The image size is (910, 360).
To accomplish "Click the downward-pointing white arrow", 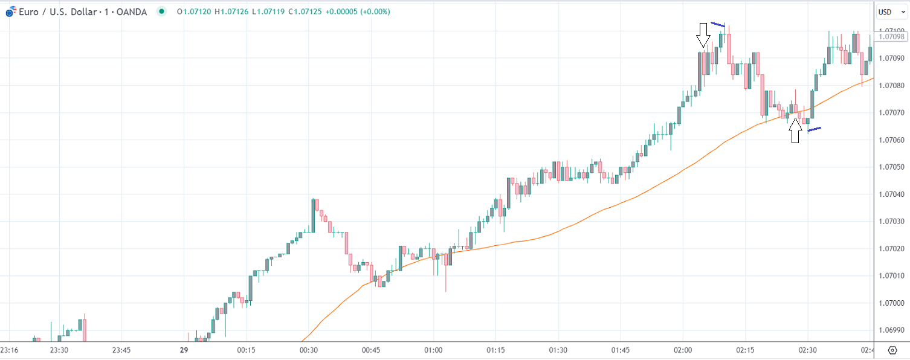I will tap(702, 35).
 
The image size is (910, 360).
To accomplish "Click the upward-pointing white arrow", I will tap(795, 130).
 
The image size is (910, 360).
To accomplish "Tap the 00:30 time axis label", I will tap(309, 350).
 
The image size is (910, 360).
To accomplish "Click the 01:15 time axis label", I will tap(495, 350).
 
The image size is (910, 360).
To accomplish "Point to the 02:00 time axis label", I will tap(682, 350).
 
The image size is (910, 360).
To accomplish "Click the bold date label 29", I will tap(184, 350).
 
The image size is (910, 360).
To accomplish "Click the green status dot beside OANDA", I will tap(161, 11).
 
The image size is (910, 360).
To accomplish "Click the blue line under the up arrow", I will tap(814, 129).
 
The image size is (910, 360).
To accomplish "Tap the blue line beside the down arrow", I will tap(717, 25).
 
